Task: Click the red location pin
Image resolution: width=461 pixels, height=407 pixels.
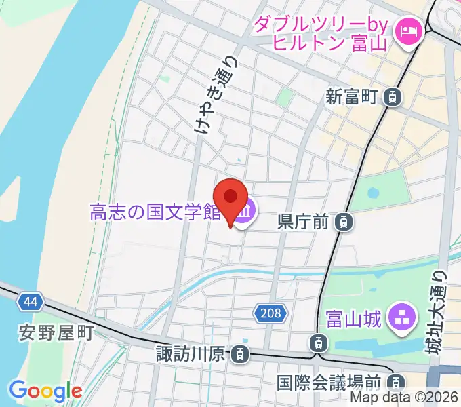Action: pyautogui.click(x=231, y=199)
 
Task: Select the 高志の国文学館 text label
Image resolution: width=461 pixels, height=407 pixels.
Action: pyautogui.click(x=156, y=213)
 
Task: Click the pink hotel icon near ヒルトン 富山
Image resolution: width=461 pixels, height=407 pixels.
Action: pyautogui.click(x=409, y=29)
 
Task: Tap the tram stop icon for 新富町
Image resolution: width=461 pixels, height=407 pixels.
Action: pyautogui.click(x=392, y=98)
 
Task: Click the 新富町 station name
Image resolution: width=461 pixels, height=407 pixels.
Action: pyautogui.click(x=350, y=98)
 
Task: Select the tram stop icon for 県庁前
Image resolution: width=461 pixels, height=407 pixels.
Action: pyautogui.click(x=345, y=220)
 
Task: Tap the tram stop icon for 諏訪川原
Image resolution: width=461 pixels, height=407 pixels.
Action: pyautogui.click(x=239, y=353)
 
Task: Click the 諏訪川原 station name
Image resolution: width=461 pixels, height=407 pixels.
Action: pyautogui.click(x=194, y=353)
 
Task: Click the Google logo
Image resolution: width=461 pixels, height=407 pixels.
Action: pyautogui.click(x=45, y=390)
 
